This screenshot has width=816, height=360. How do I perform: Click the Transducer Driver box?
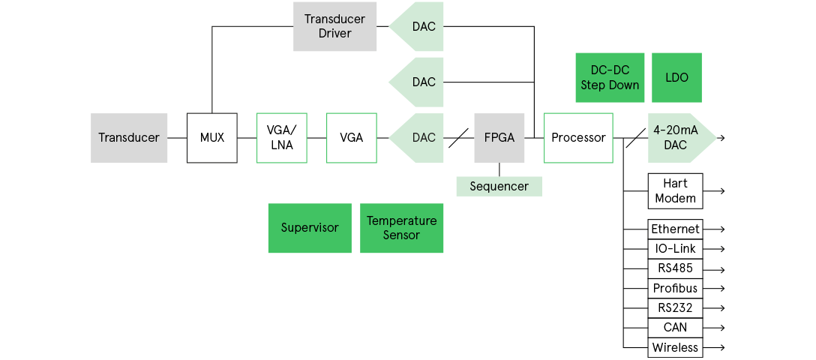334,26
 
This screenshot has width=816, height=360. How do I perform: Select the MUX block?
211,138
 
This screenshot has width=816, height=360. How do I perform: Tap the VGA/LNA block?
282,138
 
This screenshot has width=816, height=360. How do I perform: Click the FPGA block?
499,138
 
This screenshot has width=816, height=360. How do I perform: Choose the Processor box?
578,138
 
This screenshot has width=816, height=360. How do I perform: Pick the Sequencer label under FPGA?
499,186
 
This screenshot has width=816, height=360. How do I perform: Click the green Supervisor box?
310,228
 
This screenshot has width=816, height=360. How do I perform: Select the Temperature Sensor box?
401,228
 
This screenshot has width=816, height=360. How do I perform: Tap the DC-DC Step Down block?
610,77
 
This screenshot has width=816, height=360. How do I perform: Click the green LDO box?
676,77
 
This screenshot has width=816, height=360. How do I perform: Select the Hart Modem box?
675,191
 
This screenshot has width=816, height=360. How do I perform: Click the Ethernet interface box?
675,229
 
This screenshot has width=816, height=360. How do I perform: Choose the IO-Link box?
675,248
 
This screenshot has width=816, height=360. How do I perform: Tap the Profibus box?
675,288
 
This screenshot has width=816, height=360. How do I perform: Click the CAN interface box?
675,328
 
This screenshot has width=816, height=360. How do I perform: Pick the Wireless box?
675,347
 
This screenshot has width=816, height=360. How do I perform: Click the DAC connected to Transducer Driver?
418,26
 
